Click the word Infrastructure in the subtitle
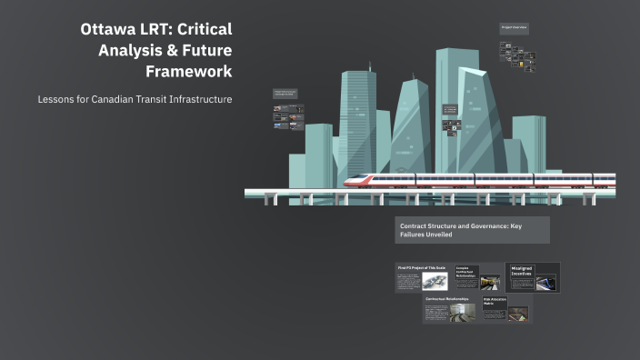(202, 98)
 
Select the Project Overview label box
(514, 28)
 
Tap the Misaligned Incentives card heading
(522, 270)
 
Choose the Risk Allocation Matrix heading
(494, 301)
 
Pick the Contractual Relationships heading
(448, 299)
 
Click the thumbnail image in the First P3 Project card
(435, 282)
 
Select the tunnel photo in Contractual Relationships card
(463, 313)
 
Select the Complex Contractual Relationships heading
(465, 270)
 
